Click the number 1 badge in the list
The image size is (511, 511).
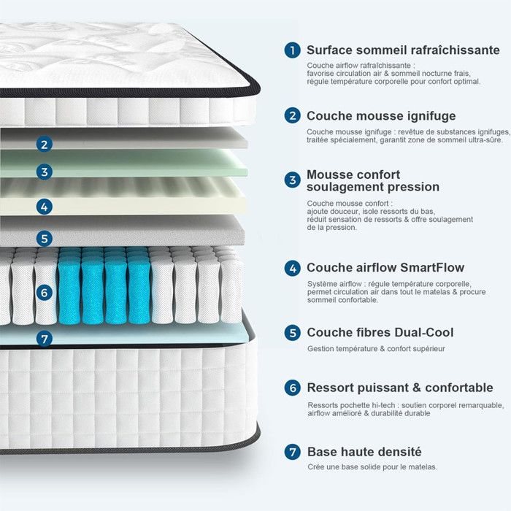[293, 50]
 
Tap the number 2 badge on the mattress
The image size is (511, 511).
[45, 145]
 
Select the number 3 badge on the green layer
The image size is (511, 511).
[45, 172]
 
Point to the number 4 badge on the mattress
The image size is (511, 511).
[45, 207]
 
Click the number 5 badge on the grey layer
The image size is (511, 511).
[45, 238]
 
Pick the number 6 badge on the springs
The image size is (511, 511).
[45, 293]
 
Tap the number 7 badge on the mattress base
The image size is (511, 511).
[45, 339]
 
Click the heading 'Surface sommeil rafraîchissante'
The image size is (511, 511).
[403, 50]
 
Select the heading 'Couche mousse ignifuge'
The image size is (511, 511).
[381, 115]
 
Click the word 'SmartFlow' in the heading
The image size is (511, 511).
[430, 268]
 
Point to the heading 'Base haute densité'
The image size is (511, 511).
[364, 452]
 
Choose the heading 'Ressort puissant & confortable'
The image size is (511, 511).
[399, 388]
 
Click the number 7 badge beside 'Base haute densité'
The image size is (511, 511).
[293, 452]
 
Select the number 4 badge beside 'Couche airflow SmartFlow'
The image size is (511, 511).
[293, 268]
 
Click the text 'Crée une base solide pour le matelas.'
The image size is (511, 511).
[372, 467]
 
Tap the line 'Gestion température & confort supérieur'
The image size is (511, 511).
[376, 349]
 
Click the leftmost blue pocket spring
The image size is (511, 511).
[69, 288]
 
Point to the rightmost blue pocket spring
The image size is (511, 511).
[139, 288]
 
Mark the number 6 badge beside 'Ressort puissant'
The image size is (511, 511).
[293, 388]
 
